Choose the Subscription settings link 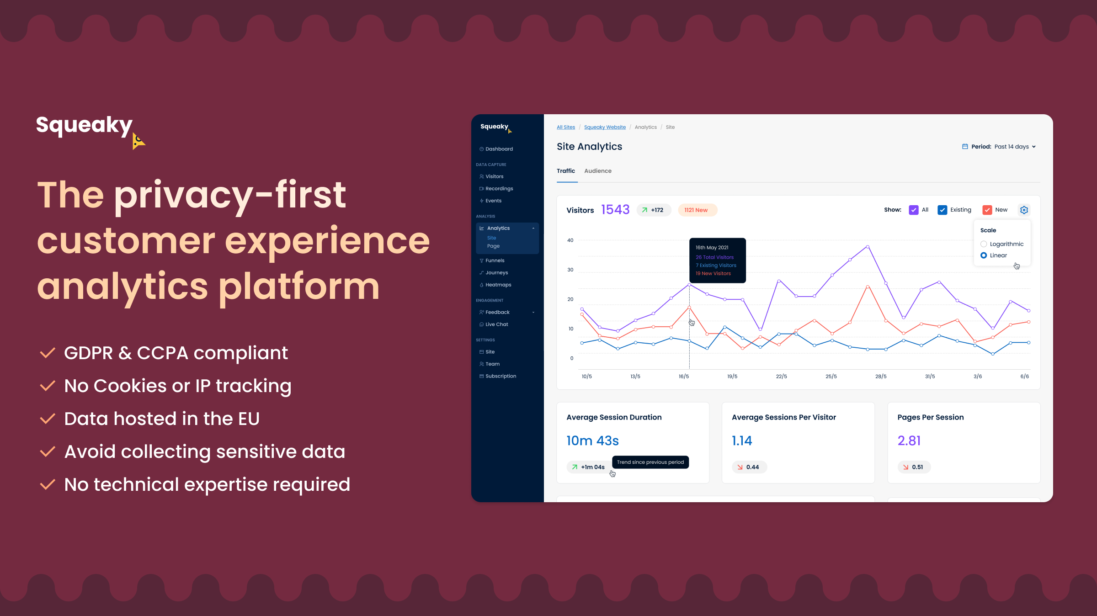click(498, 376)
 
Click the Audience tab click(597, 171)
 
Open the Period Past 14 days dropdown click(999, 147)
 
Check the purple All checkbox click(913, 210)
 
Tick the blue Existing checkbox click(942, 210)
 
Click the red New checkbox click(987, 210)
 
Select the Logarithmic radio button click(984, 244)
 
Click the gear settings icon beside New click(1024, 210)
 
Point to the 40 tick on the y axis click(570, 240)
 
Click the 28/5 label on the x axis click(881, 377)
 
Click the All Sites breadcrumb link click(566, 127)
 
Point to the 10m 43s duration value click(592, 441)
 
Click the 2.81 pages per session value click(909, 441)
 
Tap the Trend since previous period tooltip click(650, 462)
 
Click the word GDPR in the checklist click(88, 353)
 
